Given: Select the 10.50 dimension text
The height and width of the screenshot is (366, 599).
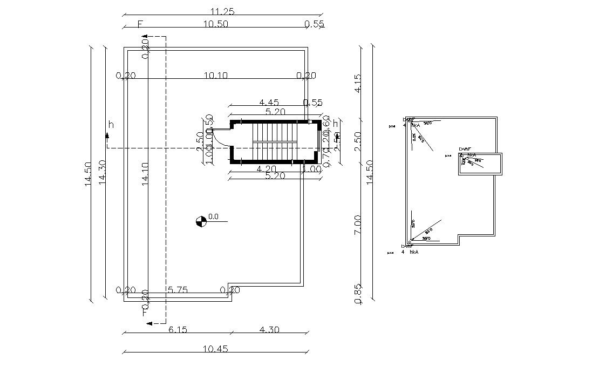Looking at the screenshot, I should click(x=215, y=24).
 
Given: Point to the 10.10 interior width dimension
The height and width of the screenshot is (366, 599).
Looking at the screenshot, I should click(x=215, y=76).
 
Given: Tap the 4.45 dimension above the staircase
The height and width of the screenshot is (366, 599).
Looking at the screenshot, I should click(x=269, y=103).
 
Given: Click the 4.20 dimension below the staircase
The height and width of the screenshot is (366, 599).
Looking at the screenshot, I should click(x=267, y=169).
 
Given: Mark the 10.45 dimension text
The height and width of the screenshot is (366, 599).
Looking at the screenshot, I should click(x=215, y=349).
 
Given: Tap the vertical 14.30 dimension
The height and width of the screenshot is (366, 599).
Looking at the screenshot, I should click(x=102, y=173).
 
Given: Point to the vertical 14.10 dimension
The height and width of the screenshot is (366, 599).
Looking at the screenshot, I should click(x=145, y=173).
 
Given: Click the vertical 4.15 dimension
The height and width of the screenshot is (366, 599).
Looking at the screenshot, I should click(x=357, y=83).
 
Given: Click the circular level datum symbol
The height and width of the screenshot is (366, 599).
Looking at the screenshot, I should click(x=201, y=221).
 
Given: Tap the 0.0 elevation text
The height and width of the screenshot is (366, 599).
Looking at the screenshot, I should click(x=213, y=217).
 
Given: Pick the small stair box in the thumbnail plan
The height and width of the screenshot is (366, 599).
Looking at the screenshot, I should click(x=480, y=164).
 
